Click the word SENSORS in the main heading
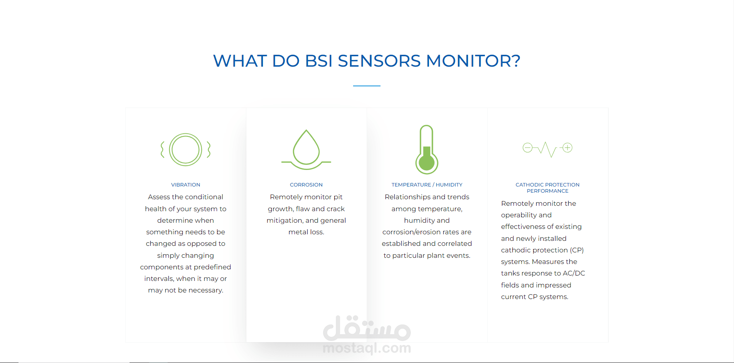379,61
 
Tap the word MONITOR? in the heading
473,61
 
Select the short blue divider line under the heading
367,86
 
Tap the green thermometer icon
427,150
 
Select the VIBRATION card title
185,185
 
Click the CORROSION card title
306,185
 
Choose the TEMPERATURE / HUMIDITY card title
427,185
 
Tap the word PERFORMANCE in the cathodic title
547,191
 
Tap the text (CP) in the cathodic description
577,250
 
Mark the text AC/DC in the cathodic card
574,273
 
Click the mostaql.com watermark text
367,348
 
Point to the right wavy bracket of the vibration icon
209,150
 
